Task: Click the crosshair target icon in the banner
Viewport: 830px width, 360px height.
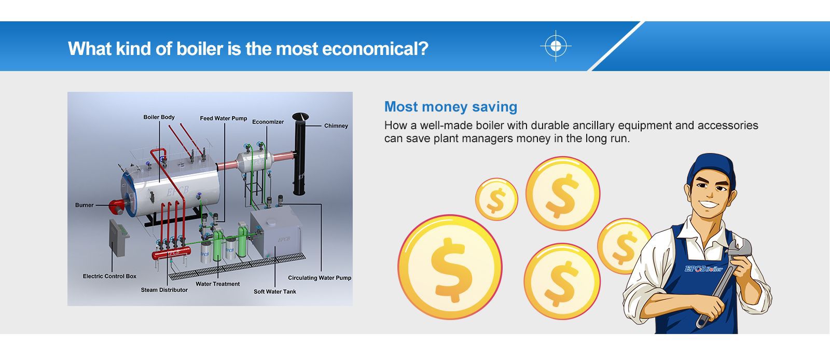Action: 556,46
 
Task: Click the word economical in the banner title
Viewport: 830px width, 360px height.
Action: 375,49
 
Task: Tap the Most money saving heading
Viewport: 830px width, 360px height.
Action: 451,107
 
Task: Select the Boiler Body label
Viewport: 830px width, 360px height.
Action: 159,117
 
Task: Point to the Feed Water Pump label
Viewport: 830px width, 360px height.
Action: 224,118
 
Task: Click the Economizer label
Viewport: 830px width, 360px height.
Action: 268,122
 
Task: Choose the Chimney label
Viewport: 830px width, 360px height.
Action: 336,126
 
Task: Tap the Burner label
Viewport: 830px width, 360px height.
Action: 84,205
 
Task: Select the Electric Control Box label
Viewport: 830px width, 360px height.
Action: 109,276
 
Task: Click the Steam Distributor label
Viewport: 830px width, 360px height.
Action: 164,290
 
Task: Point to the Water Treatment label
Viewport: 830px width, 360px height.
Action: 218,284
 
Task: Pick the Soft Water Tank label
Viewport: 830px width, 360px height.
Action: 275,292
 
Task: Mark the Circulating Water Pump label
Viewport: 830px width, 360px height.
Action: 320,278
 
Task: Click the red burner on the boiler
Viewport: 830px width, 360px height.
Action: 117,206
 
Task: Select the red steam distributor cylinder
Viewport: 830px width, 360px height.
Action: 171,253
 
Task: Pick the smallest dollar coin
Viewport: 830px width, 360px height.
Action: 496,199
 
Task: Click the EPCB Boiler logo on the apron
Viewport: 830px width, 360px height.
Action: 703,269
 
